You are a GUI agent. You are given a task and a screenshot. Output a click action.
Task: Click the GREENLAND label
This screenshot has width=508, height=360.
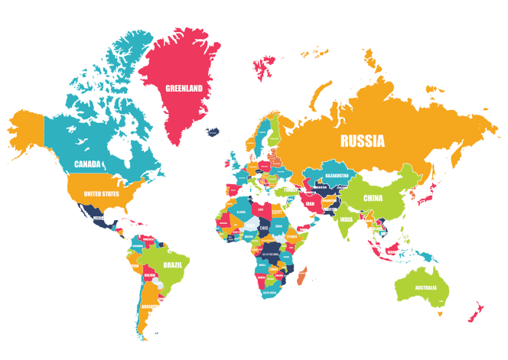point(184,88)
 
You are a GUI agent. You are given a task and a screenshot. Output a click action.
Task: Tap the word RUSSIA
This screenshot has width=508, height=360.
point(362,141)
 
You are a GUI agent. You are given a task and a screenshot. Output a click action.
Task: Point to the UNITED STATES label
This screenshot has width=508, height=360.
point(101,194)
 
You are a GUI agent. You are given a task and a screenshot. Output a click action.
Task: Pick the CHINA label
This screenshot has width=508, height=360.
point(373,199)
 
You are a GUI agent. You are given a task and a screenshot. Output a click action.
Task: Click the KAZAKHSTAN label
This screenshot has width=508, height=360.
point(337,175)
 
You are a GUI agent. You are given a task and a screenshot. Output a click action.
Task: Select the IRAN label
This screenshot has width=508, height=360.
point(310,203)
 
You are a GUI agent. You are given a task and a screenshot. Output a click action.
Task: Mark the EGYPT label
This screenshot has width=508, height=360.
point(277,212)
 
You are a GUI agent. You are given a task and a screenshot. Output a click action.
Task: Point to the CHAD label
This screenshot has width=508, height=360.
point(263,228)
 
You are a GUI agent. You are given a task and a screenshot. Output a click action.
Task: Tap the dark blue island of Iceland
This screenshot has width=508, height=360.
point(212,131)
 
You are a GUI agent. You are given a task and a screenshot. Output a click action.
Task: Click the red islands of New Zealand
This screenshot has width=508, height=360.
point(476,311)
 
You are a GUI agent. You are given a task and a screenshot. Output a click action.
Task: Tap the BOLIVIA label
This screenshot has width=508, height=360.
point(151,274)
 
